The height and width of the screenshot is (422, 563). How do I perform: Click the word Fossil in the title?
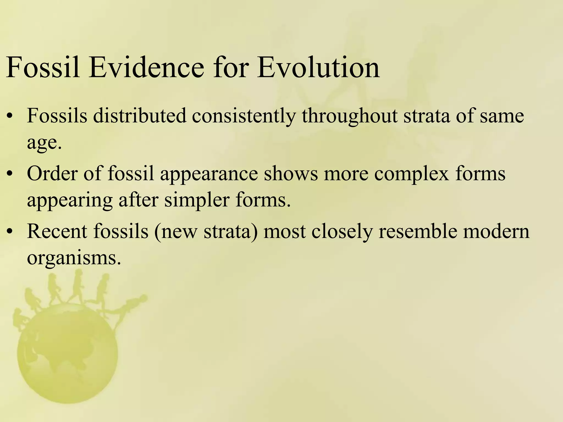pos(43,68)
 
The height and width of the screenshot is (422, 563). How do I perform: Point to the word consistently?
pos(244,116)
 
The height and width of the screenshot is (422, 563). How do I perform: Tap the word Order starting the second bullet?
pos(52,174)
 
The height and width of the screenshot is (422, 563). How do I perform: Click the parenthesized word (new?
pos(176,231)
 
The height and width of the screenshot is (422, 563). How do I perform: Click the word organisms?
pos(74,258)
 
